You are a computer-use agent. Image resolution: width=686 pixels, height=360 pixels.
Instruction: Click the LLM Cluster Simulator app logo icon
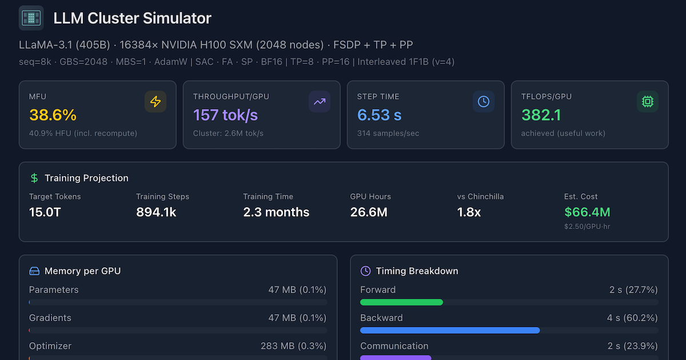tap(31, 18)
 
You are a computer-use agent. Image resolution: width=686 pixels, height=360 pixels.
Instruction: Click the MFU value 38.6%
tap(53, 115)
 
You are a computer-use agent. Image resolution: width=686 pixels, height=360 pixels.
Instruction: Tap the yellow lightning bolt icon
tap(155, 102)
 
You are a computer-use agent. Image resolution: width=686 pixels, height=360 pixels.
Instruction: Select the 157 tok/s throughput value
tap(225, 115)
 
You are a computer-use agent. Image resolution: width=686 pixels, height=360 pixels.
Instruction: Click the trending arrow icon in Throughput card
tap(320, 102)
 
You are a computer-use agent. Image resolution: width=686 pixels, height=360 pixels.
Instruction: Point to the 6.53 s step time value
tap(380, 115)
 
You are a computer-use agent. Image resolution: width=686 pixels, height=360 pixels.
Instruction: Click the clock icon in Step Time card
tap(484, 102)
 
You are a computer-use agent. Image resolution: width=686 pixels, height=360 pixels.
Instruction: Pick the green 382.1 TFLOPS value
tap(541, 115)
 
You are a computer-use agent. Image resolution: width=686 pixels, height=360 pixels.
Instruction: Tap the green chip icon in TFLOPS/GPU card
tap(648, 102)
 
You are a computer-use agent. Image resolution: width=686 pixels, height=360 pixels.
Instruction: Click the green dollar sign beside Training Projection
tap(34, 178)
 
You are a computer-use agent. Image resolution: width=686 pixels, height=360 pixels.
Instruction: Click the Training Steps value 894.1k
tap(156, 213)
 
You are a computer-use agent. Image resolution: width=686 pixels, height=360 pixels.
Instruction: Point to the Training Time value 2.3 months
tap(276, 213)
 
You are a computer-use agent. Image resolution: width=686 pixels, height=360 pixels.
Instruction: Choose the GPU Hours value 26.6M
tap(369, 213)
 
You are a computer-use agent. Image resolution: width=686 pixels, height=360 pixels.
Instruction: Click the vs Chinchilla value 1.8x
tap(469, 213)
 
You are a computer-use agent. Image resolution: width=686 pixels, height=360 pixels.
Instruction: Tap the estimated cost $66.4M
tap(587, 213)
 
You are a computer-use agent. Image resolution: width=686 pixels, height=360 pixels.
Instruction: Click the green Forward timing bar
tap(401, 302)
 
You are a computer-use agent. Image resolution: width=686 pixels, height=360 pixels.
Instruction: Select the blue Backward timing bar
tap(450, 330)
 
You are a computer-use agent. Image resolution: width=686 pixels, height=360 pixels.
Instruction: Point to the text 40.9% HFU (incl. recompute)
tap(83, 134)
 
